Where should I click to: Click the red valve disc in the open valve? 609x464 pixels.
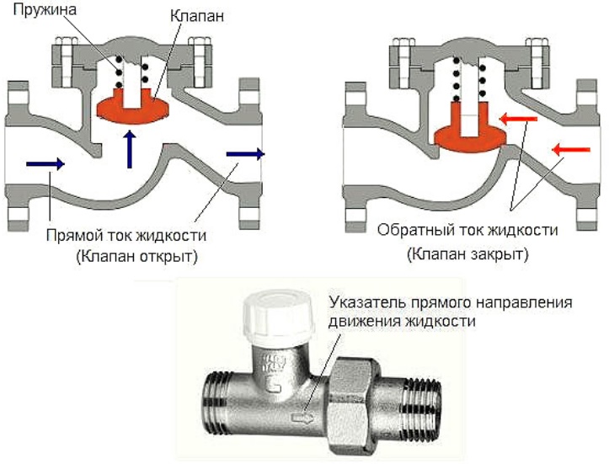[x=133, y=107]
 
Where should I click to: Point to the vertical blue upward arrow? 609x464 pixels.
[x=130, y=149]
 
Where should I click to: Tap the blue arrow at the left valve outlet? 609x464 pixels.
[x=245, y=154]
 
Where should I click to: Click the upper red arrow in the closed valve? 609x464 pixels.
[x=517, y=120]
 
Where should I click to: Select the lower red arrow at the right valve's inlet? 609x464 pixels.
[x=569, y=150]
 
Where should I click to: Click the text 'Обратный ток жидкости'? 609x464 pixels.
[x=468, y=231]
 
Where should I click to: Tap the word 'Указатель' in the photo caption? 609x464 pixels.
[x=360, y=303]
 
